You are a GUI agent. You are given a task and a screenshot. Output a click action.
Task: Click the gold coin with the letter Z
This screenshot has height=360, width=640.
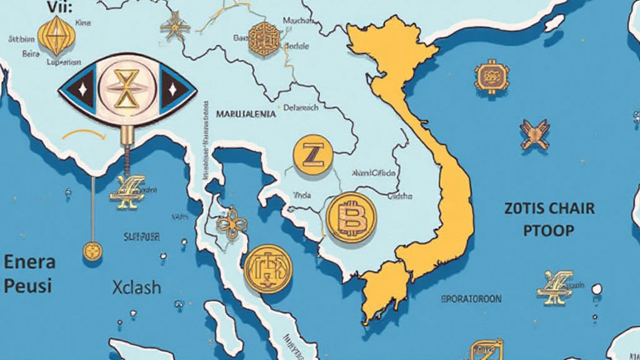point(312,154)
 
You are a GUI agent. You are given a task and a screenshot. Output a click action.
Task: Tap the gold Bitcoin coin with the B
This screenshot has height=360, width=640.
point(351,217)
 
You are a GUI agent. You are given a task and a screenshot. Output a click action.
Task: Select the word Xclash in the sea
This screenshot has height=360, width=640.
point(137,287)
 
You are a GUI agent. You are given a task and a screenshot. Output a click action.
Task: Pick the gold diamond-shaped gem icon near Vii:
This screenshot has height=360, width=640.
point(56,35)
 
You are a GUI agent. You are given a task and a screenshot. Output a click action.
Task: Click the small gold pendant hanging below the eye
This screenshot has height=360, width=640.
point(92,251)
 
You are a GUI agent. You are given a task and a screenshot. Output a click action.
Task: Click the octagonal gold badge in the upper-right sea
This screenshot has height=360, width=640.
point(492,77)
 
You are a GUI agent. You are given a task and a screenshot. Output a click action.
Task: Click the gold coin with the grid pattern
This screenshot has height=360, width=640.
point(268,269)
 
